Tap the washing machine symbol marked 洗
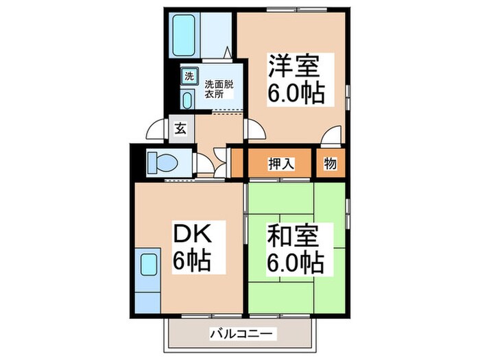[x=189, y=76]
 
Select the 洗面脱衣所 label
[x=219, y=89]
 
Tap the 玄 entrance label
[x=180, y=128]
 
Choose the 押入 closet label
[x=280, y=164]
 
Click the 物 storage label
[x=330, y=164]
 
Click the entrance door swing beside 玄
[x=158, y=129]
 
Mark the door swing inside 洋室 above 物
[x=333, y=136]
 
